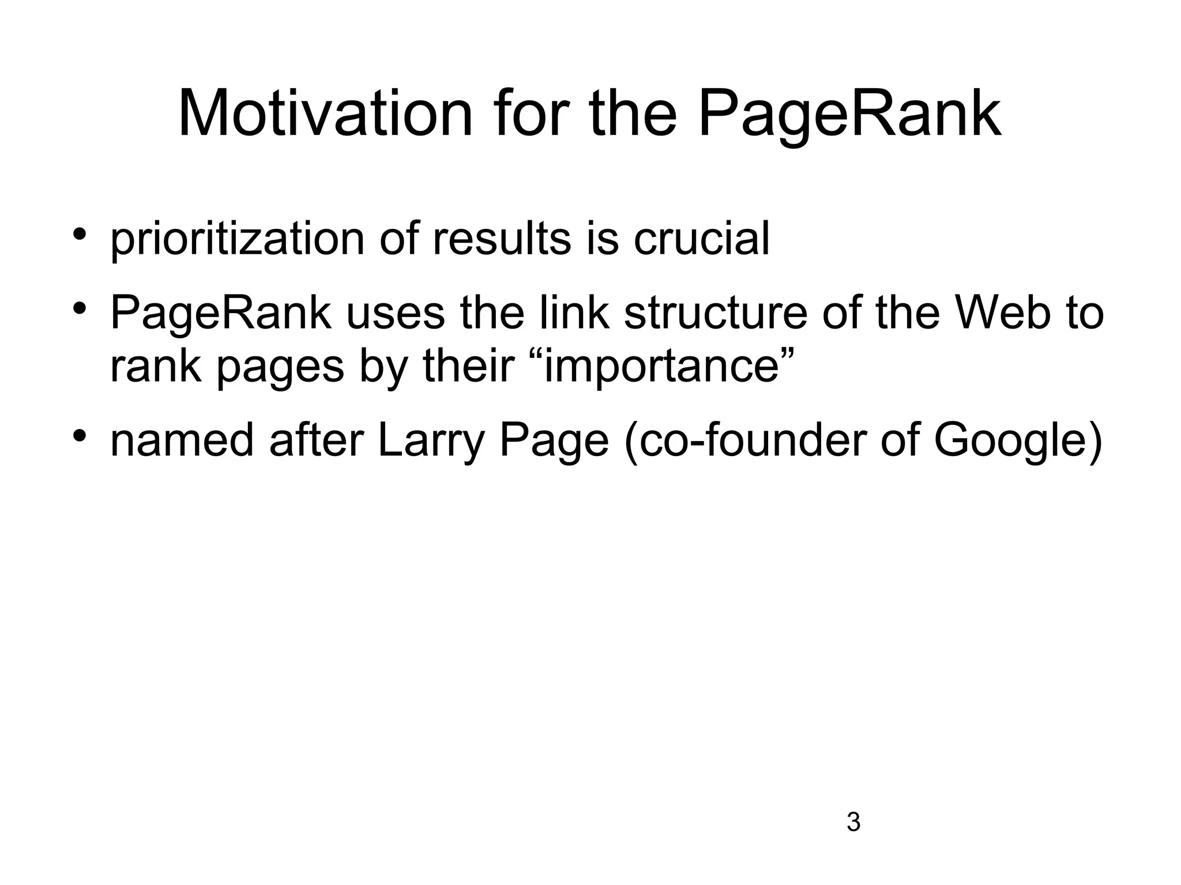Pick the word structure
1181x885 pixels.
[x=715, y=314]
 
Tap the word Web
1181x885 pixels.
[x=1002, y=314]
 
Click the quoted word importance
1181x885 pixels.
[x=663, y=367]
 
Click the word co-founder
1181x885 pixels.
[x=746, y=441]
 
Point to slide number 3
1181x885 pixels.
[x=853, y=823]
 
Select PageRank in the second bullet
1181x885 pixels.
[x=221, y=314]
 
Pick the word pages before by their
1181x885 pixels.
[x=280, y=368]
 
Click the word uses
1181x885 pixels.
[x=396, y=314]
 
